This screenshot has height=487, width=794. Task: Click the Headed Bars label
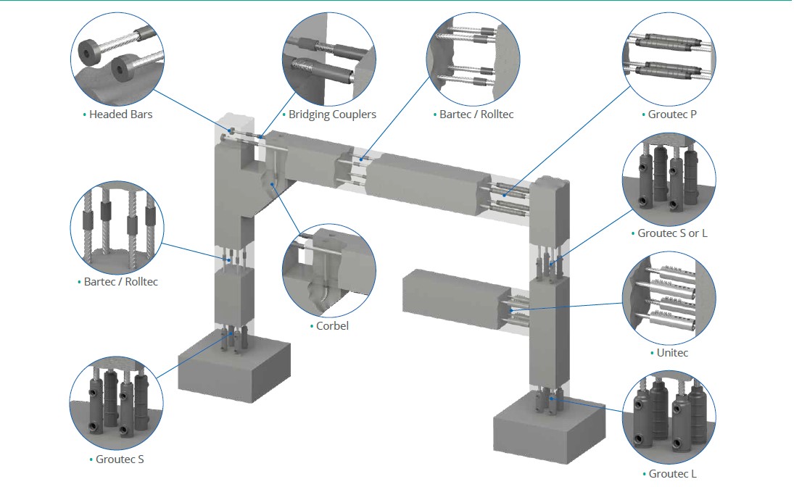pyautogui.click(x=120, y=115)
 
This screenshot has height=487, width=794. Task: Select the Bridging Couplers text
pyautogui.click(x=332, y=115)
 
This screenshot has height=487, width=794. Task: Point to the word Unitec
pyautogui.click(x=671, y=353)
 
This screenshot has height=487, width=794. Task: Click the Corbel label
pyautogui.click(x=332, y=326)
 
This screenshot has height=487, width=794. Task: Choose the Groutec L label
pyautogui.click(x=672, y=473)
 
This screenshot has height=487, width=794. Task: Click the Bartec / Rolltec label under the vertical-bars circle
pyautogui.click(x=120, y=281)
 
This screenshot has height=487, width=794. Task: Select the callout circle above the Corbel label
pyautogui.click(x=328, y=270)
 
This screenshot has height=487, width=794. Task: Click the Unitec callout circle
pyautogui.click(x=669, y=298)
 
